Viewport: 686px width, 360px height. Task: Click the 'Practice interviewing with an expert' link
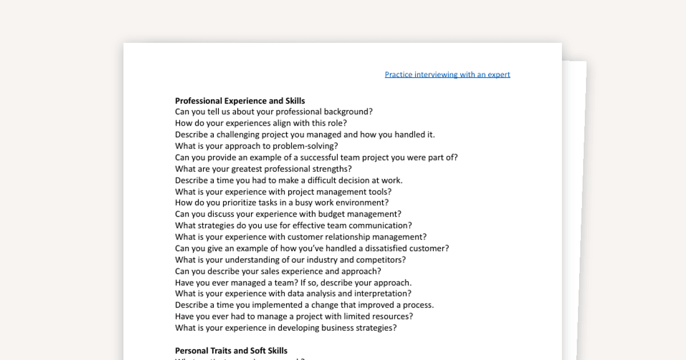tap(447, 74)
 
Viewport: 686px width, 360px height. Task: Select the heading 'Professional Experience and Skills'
tap(240, 101)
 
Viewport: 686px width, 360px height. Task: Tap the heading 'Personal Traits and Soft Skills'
tap(231, 350)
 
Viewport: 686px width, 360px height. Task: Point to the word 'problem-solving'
tap(306, 146)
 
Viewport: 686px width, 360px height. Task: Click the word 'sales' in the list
tap(280, 271)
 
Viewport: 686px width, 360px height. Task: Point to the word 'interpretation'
tap(380, 294)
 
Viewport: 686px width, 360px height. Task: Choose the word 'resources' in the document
tap(389, 316)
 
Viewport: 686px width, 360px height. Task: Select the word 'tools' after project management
tap(378, 191)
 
